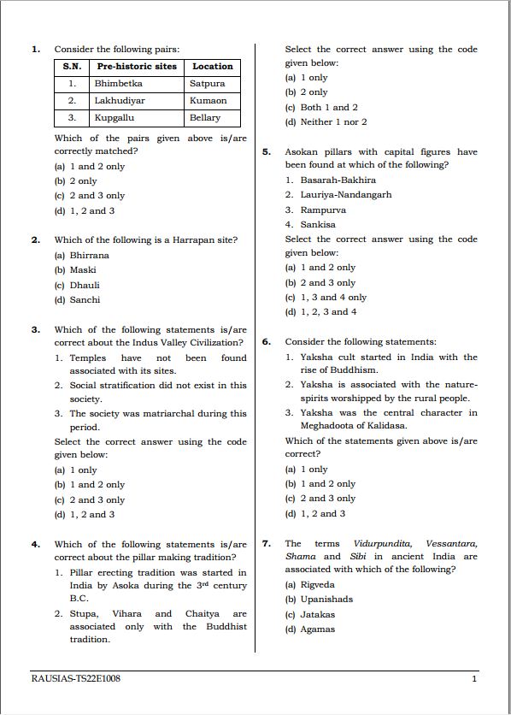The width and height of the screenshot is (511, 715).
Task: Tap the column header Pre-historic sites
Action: pos(137,67)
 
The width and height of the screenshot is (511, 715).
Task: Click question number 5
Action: pos(267,152)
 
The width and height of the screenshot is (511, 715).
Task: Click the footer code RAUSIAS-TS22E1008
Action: pos(75,679)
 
